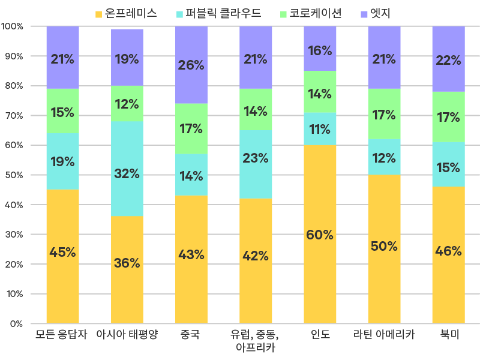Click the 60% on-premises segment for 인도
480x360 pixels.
click(320, 234)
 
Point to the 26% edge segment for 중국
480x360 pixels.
click(191, 65)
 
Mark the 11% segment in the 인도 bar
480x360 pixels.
click(320, 129)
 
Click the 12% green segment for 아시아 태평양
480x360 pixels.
click(127, 104)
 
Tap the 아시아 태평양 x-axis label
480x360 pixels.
click(127, 335)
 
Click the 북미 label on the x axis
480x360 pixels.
click(448, 335)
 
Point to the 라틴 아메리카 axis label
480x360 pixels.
click(384, 335)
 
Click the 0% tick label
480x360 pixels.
click(16, 324)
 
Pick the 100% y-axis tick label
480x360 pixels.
click(12, 26)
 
